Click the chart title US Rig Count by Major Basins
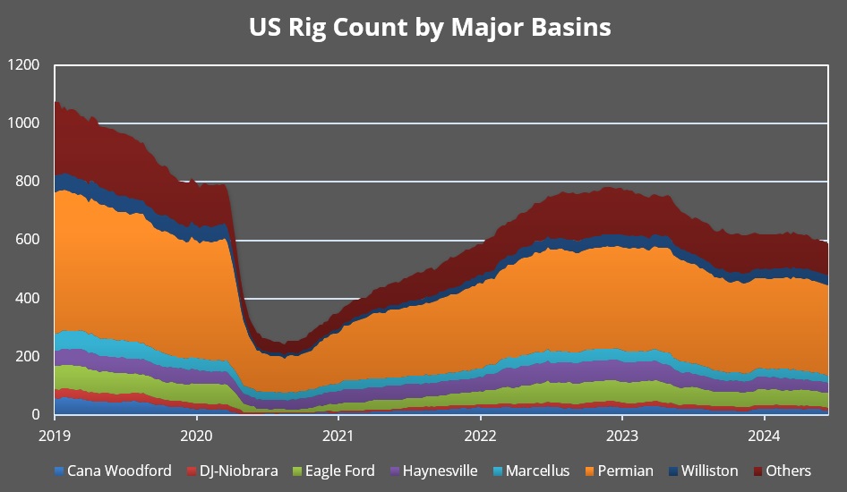430,27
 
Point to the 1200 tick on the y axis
23,65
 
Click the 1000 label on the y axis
23,123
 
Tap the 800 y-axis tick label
27,182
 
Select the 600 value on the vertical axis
27,240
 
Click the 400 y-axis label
27,298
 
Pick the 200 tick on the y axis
27,357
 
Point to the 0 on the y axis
36,415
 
